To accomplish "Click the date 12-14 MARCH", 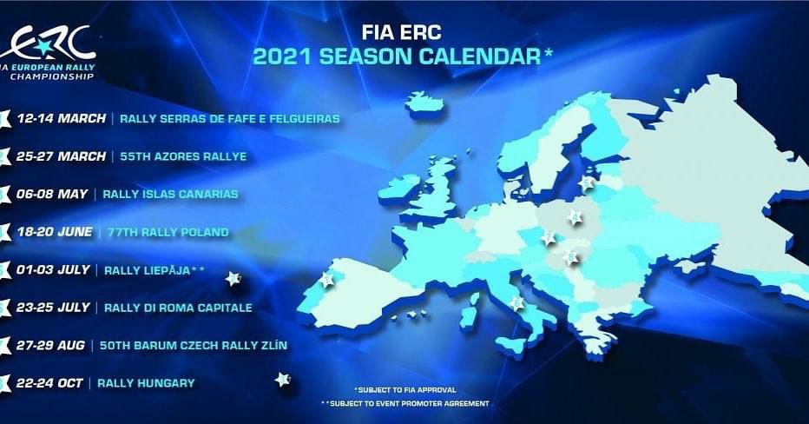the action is [61, 118].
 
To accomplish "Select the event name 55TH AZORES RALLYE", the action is [183, 156].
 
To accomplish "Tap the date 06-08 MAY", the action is [52, 194].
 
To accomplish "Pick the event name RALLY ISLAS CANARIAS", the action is [170, 194].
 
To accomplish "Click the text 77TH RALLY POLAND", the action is [168, 232].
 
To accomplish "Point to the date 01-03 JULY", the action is [53, 269].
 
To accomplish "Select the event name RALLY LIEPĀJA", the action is [148, 270].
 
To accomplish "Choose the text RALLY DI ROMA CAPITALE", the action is [178, 308].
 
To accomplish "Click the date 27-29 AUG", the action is [50, 346].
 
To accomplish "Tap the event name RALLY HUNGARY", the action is [146, 383].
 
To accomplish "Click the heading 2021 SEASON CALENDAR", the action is [397, 56].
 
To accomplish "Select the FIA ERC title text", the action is [401, 32].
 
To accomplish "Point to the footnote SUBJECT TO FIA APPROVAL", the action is [407, 390].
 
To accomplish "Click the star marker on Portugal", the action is [326, 280].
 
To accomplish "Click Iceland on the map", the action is [425, 103].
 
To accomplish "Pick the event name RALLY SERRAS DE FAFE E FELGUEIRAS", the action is [230, 119].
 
